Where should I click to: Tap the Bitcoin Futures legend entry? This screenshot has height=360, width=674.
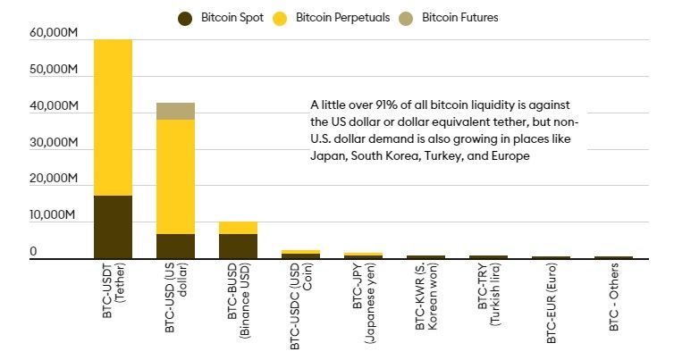tap(450, 17)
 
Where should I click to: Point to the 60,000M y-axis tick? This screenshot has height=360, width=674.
tap(54, 34)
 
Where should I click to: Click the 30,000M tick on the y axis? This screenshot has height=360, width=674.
tap(54, 143)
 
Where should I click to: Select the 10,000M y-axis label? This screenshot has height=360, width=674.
tap(54, 215)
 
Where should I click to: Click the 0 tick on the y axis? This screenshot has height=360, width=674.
tap(33, 253)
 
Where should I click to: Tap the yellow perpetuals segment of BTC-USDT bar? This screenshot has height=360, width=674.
tap(113, 116)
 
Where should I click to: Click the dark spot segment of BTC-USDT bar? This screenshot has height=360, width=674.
tap(113, 227)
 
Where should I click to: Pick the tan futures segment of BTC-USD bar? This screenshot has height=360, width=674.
tap(175, 111)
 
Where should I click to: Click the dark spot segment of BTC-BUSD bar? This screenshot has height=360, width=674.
tap(238, 246)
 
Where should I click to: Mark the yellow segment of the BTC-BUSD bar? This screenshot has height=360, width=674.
tap(238, 228)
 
